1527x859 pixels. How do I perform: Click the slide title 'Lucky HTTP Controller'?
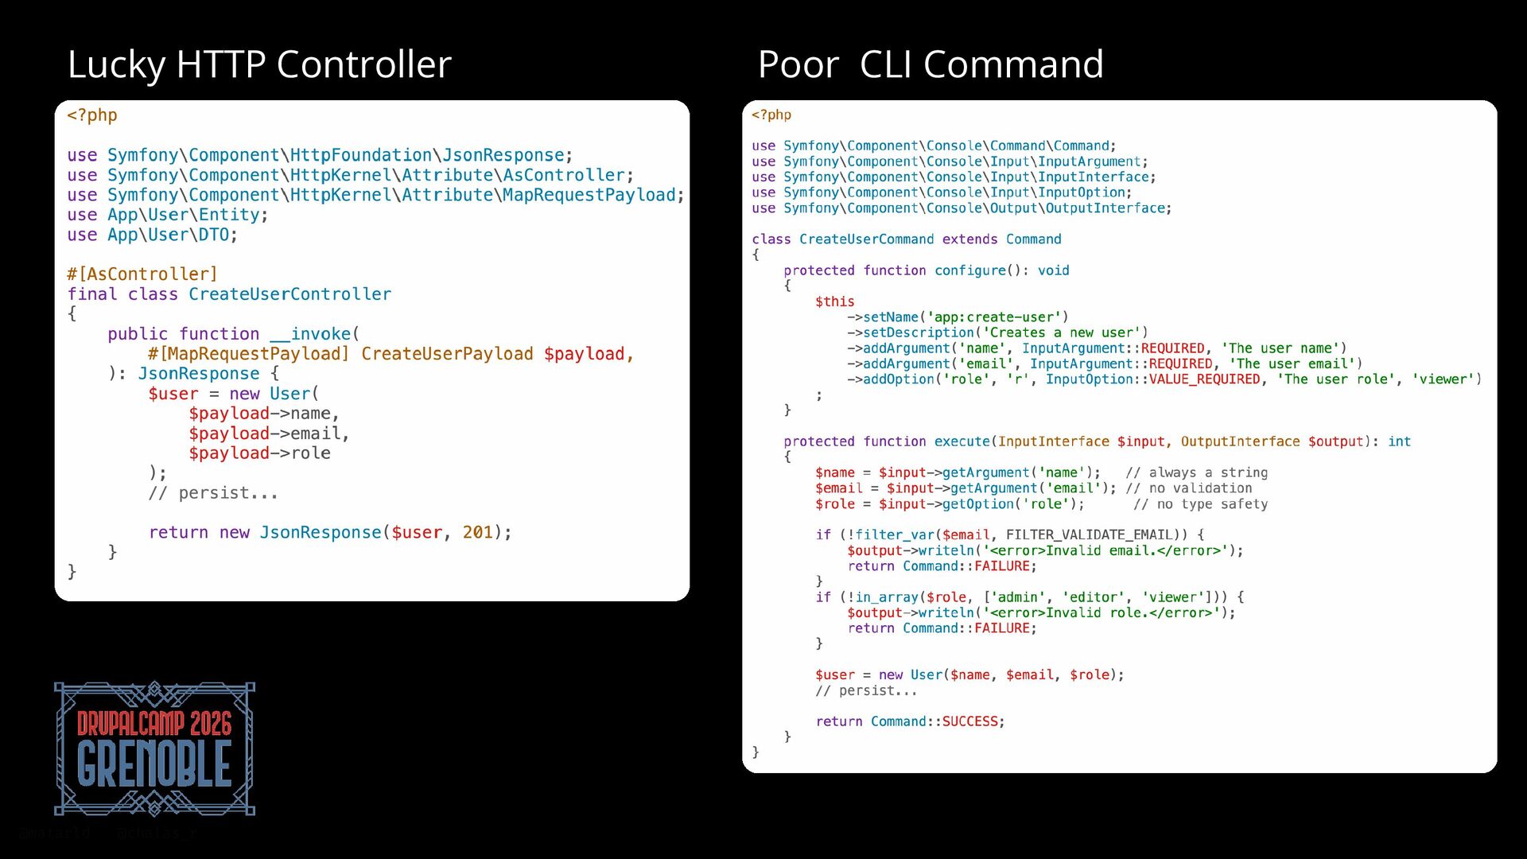(259, 64)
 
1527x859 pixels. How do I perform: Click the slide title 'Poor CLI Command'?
(930, 64)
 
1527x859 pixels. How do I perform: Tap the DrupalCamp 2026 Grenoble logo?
(154, 748)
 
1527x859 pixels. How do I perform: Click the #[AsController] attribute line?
(142, 274)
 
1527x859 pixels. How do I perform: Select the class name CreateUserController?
(289, 294)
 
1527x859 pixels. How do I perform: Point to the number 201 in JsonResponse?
(477, 533)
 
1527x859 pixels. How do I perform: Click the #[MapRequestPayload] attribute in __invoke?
(248, 354)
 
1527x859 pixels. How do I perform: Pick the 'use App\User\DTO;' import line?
(152, 235)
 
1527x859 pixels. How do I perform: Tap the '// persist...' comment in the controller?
(213, 493)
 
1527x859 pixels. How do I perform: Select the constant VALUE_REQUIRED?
(1204, 379)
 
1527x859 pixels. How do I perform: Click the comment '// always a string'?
(1196, 472)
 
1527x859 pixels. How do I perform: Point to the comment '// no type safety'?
(1200, 504)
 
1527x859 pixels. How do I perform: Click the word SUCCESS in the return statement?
(969, 721)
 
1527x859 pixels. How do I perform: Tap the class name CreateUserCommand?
(866, 239)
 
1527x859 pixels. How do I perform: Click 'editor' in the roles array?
(1094, 597)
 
